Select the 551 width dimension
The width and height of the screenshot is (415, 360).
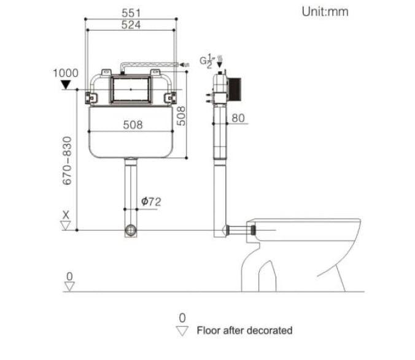pyautogui.click(x=131, y=13)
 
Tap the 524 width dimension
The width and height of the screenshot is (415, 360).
pyautogui.click(x=131, y=25)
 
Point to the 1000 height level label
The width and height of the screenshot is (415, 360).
pyautogui.click(x=66, y=73)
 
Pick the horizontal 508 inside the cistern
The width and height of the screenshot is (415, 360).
pyautogui.click(x=132, y=124)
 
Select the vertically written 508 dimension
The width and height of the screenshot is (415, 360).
pyautogui.click(x=181, y=115)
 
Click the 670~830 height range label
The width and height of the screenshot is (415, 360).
pyautogui.click(x=68, y=161)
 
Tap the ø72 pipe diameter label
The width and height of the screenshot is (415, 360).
pyautogui.click(x=151, y=201)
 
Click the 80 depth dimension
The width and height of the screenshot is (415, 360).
pyautogui.click(x=238, y=118)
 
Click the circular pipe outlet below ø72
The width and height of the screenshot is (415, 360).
pyautogui.click(x=131, y=231)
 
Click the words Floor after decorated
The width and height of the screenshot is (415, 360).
pyautogui.click(x=244, y=331)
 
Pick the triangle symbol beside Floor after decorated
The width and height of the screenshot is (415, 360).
pyautogui.click(x=182, y=331)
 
